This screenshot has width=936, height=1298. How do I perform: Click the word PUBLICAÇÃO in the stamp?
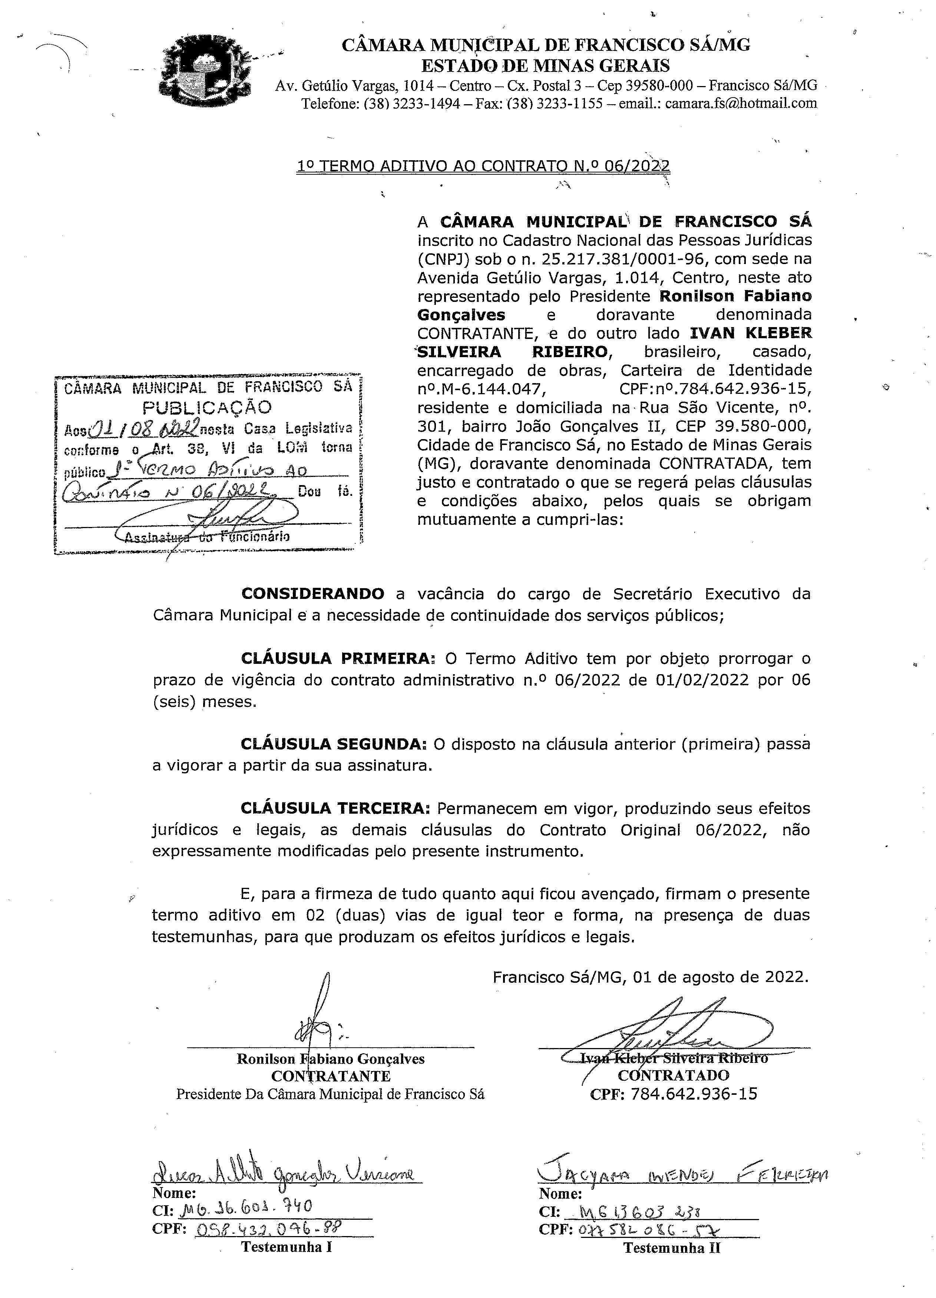coord(207,408)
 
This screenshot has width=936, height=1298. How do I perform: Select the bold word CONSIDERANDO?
coord(313,593)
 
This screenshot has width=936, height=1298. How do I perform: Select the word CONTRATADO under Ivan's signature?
coord(674,1075)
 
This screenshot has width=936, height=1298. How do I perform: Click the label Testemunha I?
coord(286,1246)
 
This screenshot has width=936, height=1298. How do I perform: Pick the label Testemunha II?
coord(672,1248)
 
